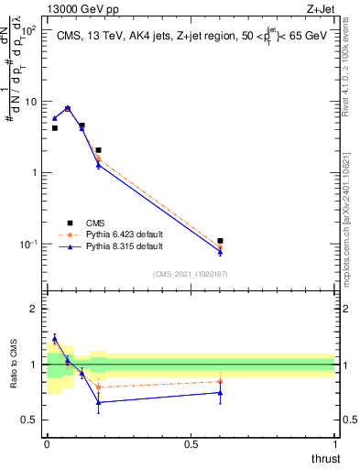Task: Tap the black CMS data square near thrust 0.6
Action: click(220, 241)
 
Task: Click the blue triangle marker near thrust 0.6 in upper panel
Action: click(220, 251)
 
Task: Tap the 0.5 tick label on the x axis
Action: click(191, 444)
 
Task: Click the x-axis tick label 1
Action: click(334, 444)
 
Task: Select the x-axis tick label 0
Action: click(47, 444)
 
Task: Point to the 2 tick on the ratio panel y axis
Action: click(34, 309)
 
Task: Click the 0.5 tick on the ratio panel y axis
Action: click(29, 420)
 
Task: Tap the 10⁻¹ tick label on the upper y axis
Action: click(28, 244)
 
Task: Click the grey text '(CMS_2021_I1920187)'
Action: click(191, 273)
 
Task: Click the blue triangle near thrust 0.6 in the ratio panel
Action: click(220, 392)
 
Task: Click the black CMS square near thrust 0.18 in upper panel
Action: click(98, 149)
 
